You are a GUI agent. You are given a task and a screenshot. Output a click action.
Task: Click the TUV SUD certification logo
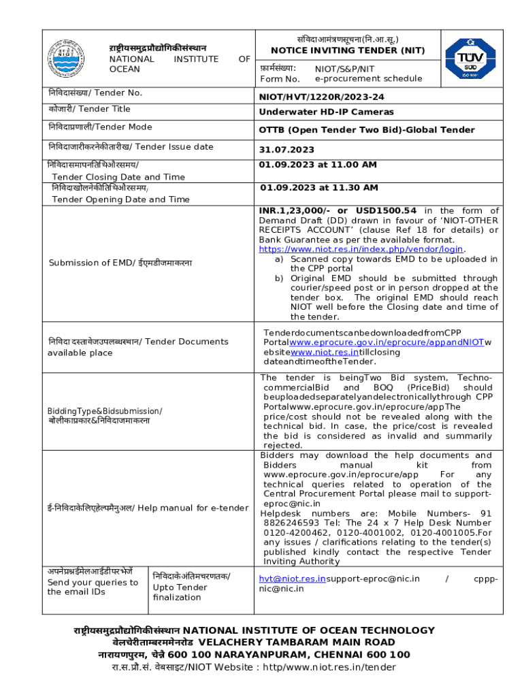(x=470, y=59)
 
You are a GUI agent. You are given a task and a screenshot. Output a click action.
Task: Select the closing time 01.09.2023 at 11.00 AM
(x=318, y=165)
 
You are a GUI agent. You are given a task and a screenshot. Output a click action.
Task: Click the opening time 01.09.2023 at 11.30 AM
(x=319, y=187)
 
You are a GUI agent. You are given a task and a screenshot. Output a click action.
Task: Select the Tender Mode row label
(x=99, y=127)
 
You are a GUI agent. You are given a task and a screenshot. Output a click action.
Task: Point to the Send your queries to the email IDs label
(x=93, y=587)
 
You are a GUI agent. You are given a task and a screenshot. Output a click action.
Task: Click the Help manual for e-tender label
(x=148, y=508)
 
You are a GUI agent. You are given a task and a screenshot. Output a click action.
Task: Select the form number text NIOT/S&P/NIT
(x=344, y=69)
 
